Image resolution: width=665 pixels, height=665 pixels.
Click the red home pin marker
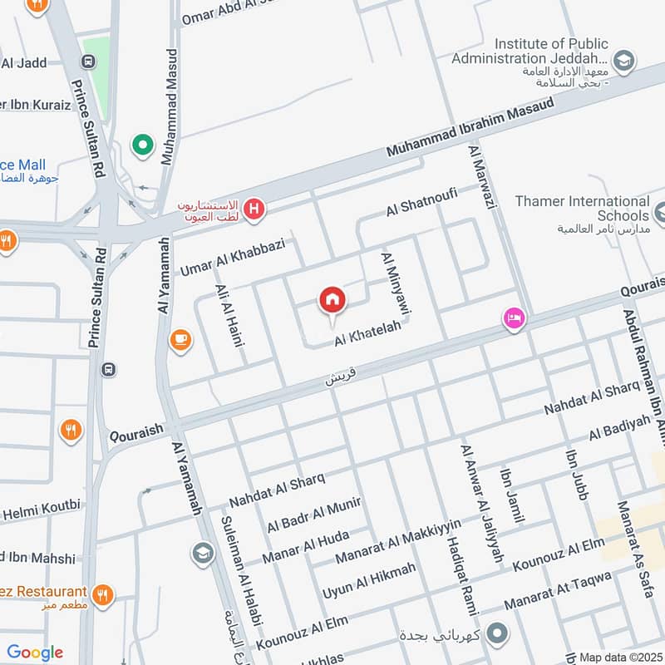coord(332,301)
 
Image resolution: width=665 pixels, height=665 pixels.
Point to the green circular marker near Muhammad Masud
coord(143,146)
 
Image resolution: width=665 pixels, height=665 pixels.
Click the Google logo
coord(35,653)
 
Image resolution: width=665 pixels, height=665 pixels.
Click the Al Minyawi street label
coord(397,283)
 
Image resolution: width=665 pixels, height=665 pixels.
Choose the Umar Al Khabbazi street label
coord(233,256)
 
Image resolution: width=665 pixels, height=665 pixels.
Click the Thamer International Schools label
coord(582,209)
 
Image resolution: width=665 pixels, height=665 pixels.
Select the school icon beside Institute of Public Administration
coord(623,60)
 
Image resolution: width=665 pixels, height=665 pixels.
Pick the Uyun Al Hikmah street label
coord(368,581)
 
